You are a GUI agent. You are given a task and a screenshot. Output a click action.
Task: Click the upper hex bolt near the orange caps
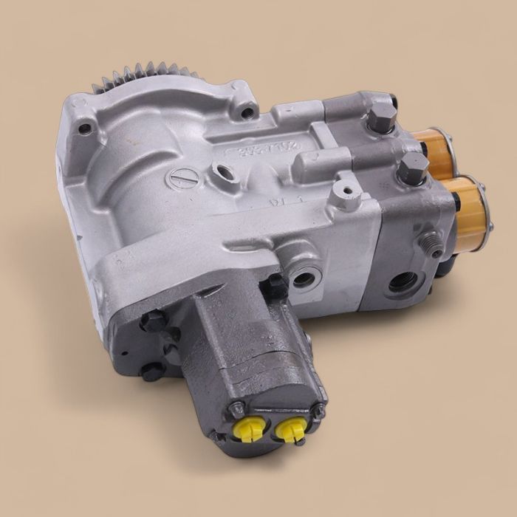pos(382,117)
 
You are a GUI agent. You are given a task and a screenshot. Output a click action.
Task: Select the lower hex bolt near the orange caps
pos(412,167)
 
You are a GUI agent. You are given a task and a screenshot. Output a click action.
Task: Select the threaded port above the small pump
pos(303,278)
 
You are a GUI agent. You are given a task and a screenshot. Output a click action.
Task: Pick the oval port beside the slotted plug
pos(222,174)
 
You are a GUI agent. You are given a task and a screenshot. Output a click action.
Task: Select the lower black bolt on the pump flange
pos(151,372)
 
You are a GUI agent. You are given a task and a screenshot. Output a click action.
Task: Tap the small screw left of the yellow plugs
pos(237,408)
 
